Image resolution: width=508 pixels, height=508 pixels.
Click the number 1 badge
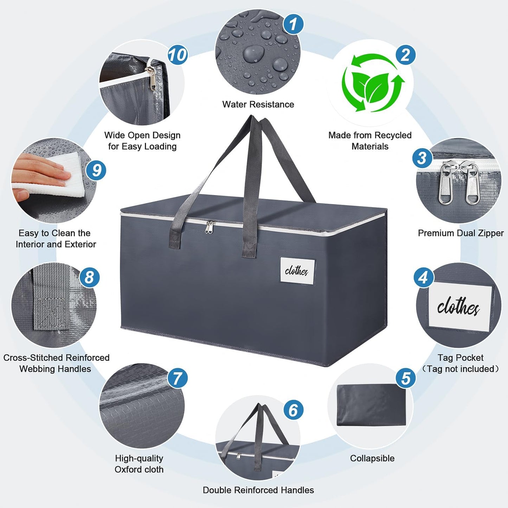293,24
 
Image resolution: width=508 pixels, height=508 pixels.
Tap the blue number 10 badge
178,55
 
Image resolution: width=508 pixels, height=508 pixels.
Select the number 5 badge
406,379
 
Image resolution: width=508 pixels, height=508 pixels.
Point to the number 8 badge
89,277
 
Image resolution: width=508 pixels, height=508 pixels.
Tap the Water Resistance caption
258,104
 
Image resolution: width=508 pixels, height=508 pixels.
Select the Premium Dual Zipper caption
461,233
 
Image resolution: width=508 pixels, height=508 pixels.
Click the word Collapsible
372,458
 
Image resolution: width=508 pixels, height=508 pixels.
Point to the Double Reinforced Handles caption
258,490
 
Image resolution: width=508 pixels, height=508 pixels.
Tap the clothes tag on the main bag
297,271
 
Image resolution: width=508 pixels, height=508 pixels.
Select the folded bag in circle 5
371,405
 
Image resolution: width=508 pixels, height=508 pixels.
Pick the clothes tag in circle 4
460,307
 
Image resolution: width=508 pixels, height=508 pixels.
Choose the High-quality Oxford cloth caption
139,464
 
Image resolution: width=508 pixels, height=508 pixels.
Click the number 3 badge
422,158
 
